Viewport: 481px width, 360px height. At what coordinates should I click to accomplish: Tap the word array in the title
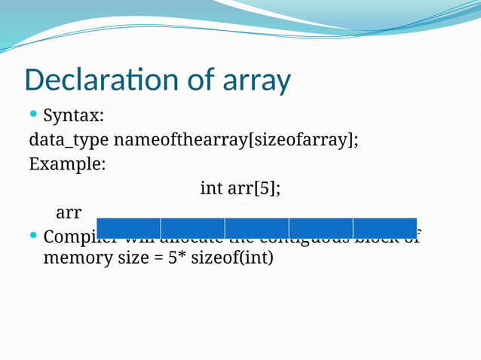257,81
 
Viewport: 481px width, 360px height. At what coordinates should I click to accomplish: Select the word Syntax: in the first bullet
74,116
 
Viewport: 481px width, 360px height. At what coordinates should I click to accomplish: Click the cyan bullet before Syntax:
33,114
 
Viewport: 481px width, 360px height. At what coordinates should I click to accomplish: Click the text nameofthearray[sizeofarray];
237,141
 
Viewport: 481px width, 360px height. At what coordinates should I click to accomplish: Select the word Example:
67,164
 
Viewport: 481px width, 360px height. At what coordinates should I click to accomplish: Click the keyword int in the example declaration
211,188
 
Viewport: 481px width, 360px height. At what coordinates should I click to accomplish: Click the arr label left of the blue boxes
69,212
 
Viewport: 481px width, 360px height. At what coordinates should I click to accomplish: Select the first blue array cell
128,227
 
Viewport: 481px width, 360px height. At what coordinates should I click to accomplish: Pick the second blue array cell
192,227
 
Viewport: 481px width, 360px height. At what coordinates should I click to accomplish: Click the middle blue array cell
256,227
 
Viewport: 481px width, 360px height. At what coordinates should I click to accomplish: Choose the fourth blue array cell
320,227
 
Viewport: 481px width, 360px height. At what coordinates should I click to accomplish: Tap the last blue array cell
384,227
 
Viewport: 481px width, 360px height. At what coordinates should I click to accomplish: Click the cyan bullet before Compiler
33,236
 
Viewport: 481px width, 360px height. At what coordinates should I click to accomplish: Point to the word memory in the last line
76,258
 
